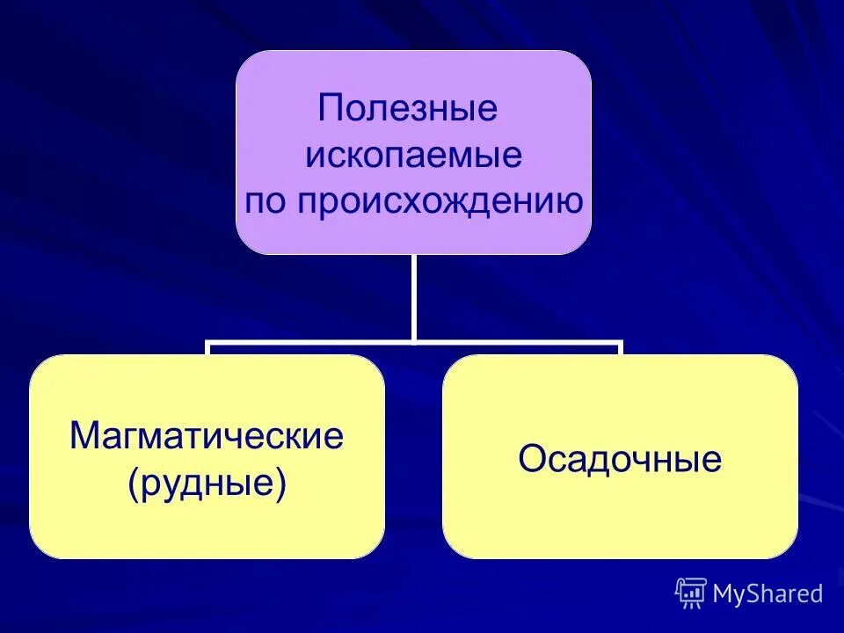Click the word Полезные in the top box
408,110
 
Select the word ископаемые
413,156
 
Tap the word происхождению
439,203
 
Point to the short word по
266,203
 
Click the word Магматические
207,437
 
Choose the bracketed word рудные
207,484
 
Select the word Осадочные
620,459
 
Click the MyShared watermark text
768,594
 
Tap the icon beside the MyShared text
691,593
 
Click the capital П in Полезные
331,110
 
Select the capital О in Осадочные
531,459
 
